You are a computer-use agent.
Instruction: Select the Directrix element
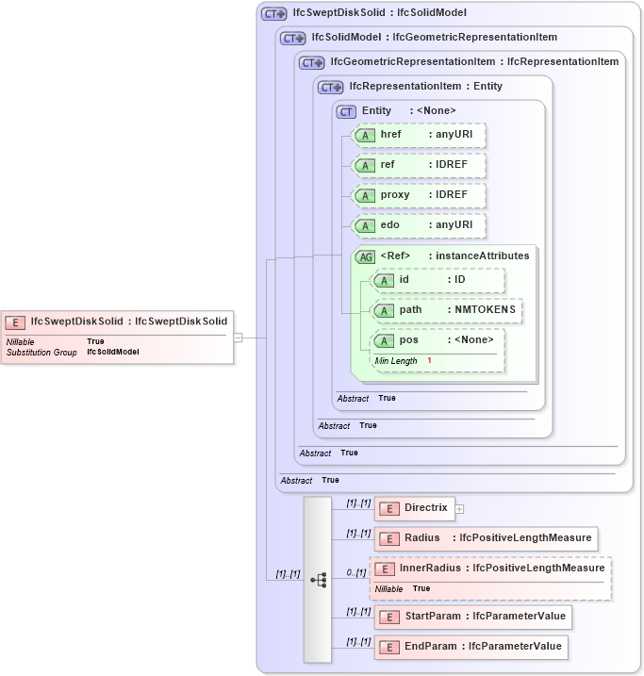pos(414,508)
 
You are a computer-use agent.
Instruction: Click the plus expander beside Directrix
pos(460,509)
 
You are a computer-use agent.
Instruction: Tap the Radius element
pos(485,538)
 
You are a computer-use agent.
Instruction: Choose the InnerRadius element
pos(490,569)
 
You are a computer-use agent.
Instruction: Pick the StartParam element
pos(472,617)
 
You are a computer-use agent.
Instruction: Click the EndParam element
pos(471,647)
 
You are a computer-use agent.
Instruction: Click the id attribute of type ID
pos(438,280)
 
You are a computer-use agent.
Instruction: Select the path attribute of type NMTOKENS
pos(447,310)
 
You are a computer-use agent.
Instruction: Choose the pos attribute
pos(438,340)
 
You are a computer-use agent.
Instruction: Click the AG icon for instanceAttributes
pos(364,256)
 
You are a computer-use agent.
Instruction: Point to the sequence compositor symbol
pos(318,579)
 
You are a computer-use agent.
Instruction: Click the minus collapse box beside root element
pos(239,337)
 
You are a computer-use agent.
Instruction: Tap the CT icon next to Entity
pos(346,111)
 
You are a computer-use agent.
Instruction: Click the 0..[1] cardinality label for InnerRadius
pos(355,572)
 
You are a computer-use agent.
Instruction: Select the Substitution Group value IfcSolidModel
pos(113,352)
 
